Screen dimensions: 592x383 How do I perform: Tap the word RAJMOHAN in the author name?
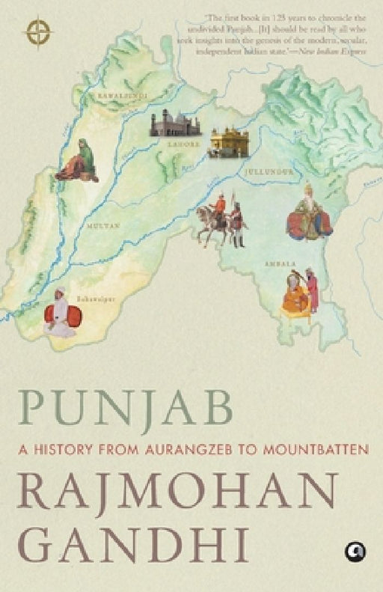coord(177,492)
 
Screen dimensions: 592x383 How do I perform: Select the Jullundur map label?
coord(268,171)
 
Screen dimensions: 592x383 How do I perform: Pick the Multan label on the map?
coord(104,224)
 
